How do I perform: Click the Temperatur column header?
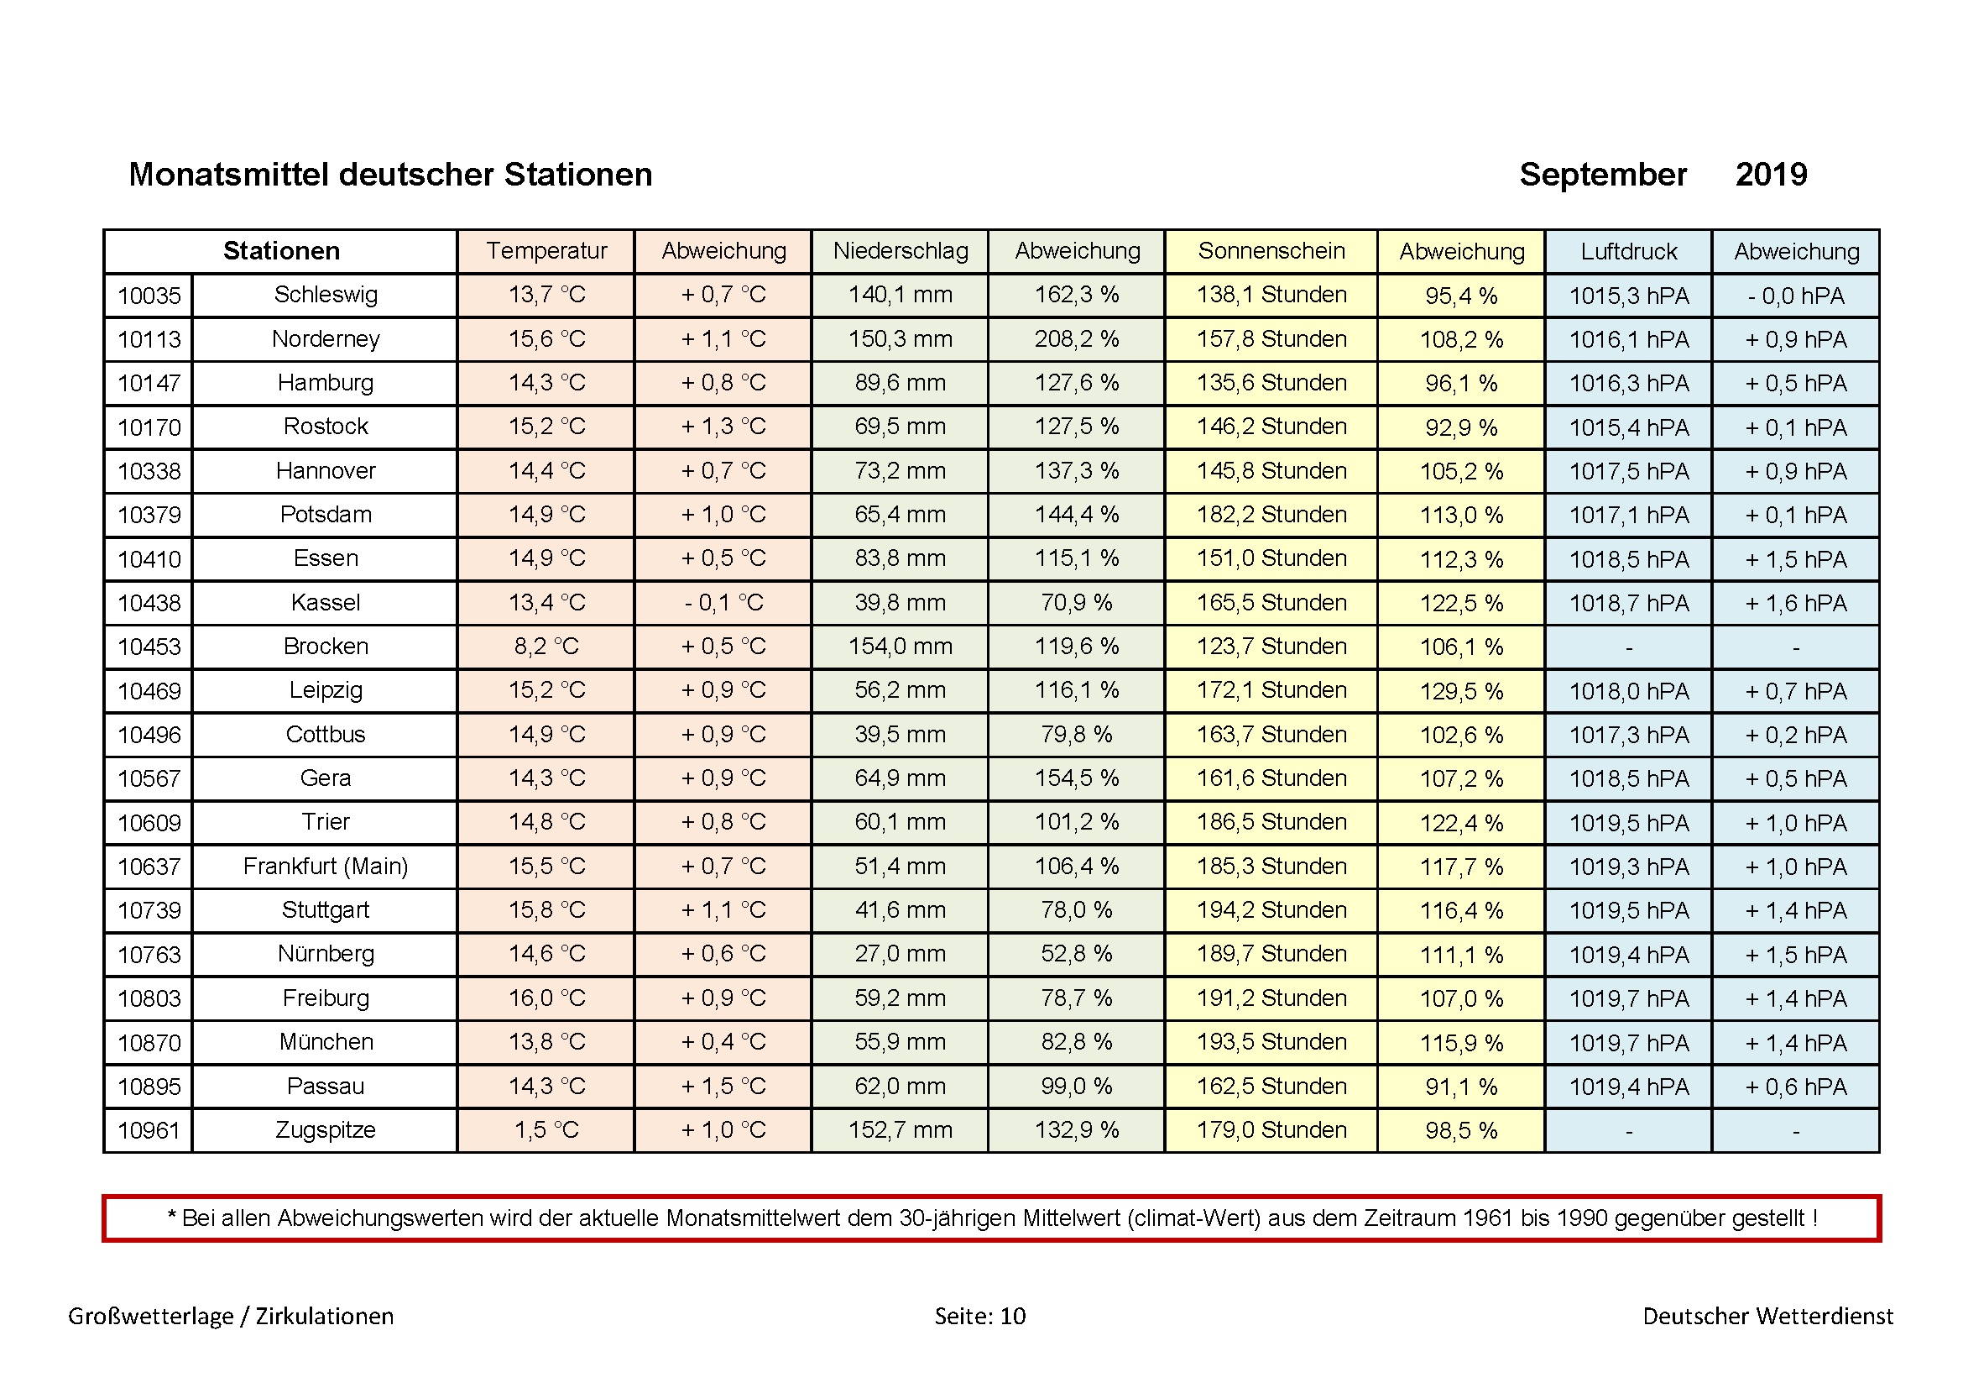[546, 250]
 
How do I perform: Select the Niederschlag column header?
[901, 250]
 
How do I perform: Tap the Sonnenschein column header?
[1271, 250]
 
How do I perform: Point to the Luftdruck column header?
[1629, 251]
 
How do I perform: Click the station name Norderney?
[326, 338]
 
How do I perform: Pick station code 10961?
[149, 1130]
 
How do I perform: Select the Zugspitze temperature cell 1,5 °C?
[546, 1129]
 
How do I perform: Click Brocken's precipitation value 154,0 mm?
[901, 647]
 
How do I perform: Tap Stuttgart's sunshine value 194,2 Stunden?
[1271, 910]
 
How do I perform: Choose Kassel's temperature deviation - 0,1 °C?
[723, 603]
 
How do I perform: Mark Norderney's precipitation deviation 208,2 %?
[1077, 338]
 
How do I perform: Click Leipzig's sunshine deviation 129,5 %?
[1461, 691]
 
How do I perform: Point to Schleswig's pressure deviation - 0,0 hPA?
[1796, 296]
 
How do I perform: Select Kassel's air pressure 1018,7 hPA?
[1629, 603]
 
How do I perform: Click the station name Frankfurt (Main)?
[326, 867]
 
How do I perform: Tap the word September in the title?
[1603, 175]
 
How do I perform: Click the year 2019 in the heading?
[1771, 175]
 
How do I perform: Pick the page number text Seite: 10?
[979, 1315]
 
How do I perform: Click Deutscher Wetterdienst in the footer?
[1768, 1315]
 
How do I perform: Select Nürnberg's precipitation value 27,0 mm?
[901, 954]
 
